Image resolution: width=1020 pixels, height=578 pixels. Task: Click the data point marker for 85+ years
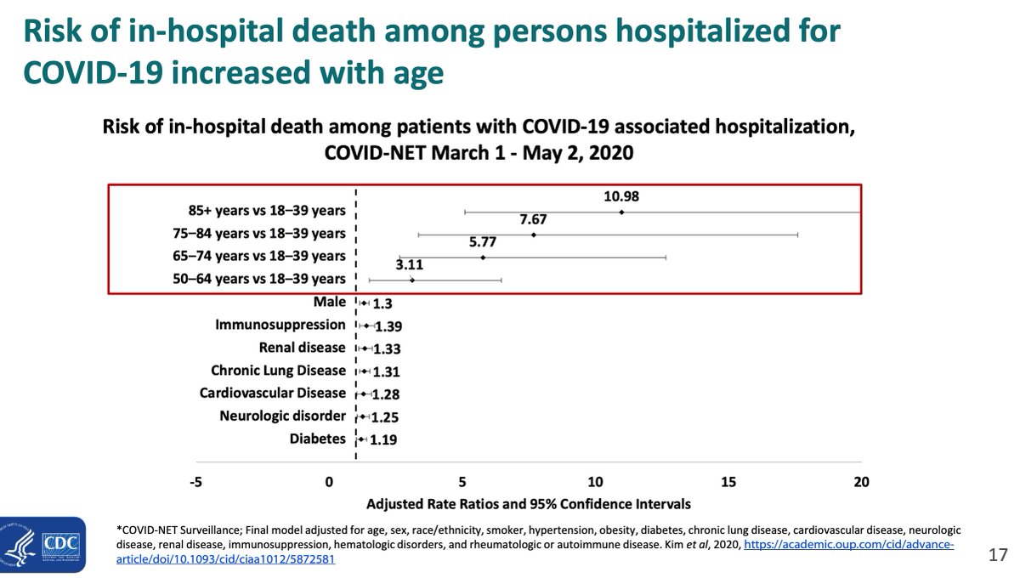(x=621, y=212)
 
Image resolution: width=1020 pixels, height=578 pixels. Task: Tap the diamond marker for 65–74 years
(x=483, y=257)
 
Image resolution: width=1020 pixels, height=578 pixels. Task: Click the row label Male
(x=329, y=302)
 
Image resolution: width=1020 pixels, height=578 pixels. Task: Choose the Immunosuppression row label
(x=280, y=325)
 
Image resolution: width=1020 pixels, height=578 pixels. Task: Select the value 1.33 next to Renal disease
(x=386, y=348)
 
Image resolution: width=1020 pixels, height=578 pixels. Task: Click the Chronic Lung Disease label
(x=278, y=371)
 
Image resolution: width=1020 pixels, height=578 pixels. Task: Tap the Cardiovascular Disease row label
(x=272, y=394)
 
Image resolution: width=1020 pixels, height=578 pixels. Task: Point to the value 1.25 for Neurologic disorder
(x=385, y=417)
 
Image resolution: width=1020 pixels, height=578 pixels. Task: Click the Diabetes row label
(x=318, y=439)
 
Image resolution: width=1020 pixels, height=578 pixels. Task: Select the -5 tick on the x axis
(x=195, y=482)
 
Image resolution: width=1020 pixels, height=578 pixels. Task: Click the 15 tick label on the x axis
(x=728, y=482)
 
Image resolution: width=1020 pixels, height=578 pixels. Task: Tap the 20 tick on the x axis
(x=861, y=482)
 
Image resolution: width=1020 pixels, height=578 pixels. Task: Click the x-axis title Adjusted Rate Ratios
(x=528, y=503)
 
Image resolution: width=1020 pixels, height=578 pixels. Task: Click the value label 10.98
(x=621, y=196)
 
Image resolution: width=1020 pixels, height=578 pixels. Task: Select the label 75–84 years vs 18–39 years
(x=266, y=234)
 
